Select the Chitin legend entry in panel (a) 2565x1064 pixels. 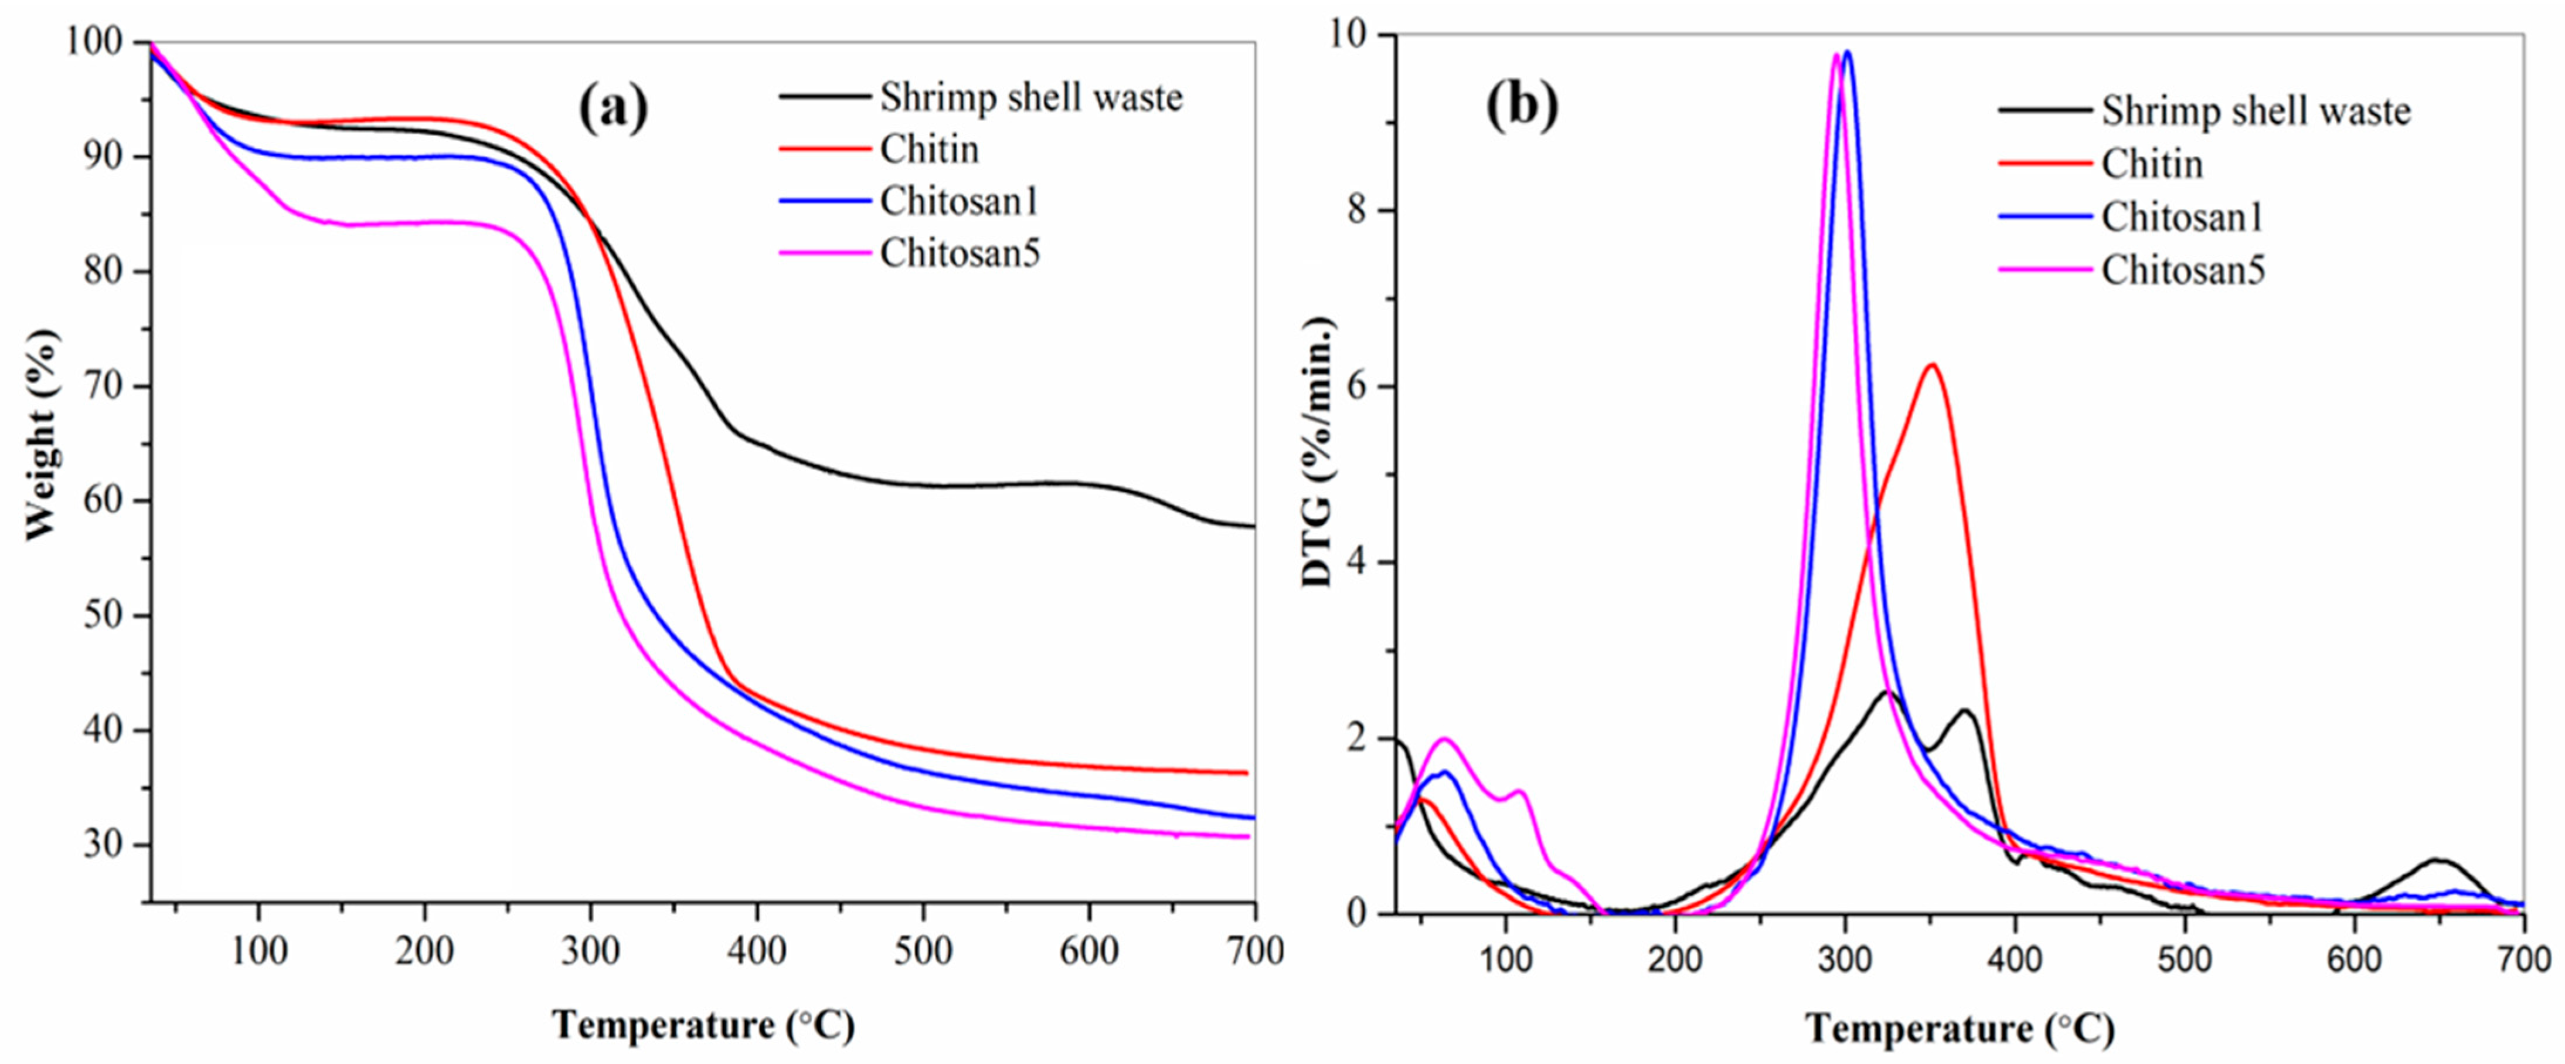pos(929,150)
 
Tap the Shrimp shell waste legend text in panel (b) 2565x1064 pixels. pos(2256,111)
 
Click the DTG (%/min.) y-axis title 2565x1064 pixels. pos(1318,451)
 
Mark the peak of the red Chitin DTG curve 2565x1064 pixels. pos(1932,365)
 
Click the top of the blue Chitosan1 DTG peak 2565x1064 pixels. pos(1848,52)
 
